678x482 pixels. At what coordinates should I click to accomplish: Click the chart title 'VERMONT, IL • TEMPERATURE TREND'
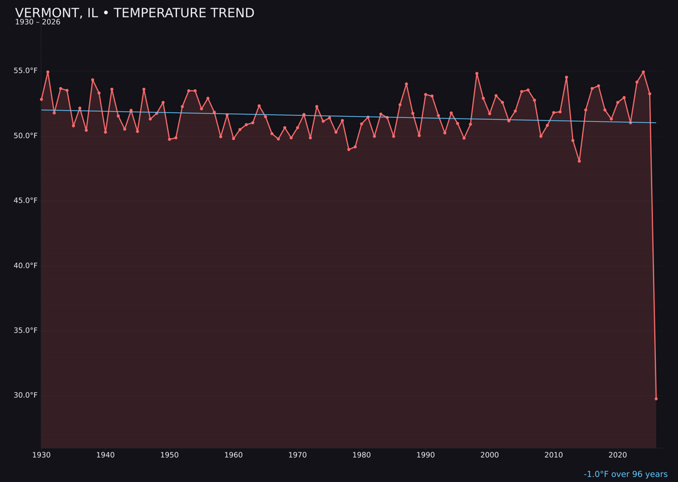[134, 13]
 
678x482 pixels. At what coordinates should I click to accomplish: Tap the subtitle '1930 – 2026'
[38, 23]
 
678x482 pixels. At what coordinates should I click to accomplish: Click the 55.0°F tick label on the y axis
[26, 71]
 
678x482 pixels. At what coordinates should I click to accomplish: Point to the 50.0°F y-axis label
[26, 136]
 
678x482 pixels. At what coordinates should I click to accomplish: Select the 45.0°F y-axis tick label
[26, 201]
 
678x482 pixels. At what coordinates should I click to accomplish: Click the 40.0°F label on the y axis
[26, 265]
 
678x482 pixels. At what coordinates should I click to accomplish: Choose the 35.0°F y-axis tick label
[26, 330]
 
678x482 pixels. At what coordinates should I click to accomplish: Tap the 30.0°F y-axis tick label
[26, 395]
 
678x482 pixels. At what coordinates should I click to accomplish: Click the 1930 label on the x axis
[41, 455]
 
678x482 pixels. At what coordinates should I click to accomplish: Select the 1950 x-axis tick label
[169, 455]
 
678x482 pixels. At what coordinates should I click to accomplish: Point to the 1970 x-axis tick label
[298, 455]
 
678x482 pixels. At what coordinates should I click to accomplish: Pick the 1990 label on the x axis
[426, 455]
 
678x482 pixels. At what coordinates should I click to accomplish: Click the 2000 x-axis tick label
[490, 455]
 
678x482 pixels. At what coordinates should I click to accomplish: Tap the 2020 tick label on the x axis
[618, 455]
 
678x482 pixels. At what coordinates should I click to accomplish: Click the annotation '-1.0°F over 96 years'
[625, 474]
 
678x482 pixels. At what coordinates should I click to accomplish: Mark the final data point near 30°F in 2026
[656, 399]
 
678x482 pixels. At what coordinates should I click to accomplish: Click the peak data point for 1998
[476, 73]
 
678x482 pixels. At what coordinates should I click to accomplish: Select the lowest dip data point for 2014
[579, 161]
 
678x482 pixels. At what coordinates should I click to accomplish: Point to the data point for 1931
[48, 72]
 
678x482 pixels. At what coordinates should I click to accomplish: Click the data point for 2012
[566, 77]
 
